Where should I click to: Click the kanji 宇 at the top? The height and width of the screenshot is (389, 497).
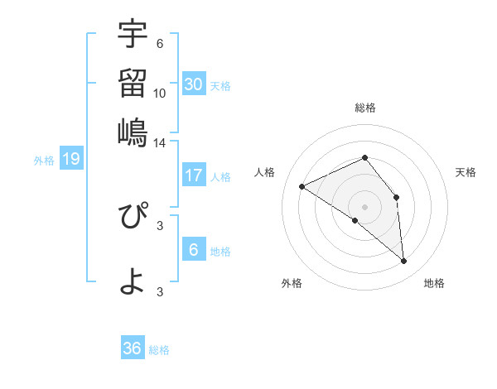point(133,35)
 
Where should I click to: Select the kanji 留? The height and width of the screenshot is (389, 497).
point(133,83)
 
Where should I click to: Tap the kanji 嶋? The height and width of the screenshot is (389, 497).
point(133,132)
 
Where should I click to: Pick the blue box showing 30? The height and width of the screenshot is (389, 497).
point(194,84)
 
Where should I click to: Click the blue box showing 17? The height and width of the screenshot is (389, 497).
point(194,175)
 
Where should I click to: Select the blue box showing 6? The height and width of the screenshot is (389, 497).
point(194,249)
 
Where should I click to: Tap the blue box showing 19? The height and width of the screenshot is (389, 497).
point(71,159)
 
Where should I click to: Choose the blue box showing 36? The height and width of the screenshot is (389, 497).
point(133,348)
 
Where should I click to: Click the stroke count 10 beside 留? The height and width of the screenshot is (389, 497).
point(160,93)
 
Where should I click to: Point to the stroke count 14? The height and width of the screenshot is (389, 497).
point(160,142)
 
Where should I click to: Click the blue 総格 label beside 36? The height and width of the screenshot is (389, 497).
point(159,350)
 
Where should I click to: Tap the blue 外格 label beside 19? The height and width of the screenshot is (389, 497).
point(44,161)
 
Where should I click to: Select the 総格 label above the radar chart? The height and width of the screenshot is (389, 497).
point(365,108)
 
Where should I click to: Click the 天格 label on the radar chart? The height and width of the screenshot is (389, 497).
point(466,172)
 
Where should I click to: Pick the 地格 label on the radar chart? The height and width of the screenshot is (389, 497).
point(434,283)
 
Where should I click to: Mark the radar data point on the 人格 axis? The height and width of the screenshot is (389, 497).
point(302,186)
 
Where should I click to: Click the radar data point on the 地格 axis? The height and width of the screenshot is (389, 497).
point(404,261)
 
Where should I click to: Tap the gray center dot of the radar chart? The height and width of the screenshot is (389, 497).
point(364,205)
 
